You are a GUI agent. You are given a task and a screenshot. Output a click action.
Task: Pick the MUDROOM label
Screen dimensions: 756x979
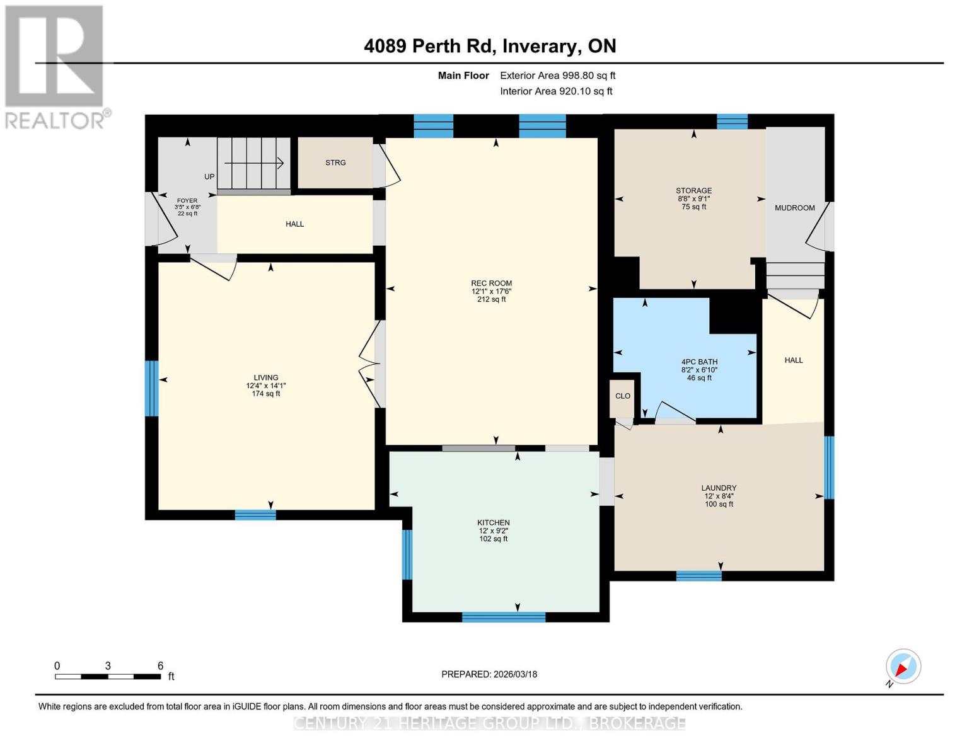794,208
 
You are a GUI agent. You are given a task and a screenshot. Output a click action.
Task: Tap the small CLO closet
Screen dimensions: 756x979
622,396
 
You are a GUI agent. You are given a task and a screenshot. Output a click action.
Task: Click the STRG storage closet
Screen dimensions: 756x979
335,163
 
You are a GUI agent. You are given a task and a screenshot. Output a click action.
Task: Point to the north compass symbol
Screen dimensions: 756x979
903,667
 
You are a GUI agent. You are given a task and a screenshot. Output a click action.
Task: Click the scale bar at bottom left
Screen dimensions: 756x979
108,677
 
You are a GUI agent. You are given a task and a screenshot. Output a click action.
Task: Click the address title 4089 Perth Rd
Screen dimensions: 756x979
490,46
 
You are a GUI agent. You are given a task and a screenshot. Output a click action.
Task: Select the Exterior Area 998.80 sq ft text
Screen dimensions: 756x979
557,76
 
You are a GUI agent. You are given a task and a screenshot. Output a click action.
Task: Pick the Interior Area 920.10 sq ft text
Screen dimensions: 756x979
556,91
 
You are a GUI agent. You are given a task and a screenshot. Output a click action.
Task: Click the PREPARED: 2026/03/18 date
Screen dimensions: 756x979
489,674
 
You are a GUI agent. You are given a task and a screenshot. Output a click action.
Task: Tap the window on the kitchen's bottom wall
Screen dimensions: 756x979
503,617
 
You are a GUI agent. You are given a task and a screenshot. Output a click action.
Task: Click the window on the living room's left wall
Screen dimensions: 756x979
151,388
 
